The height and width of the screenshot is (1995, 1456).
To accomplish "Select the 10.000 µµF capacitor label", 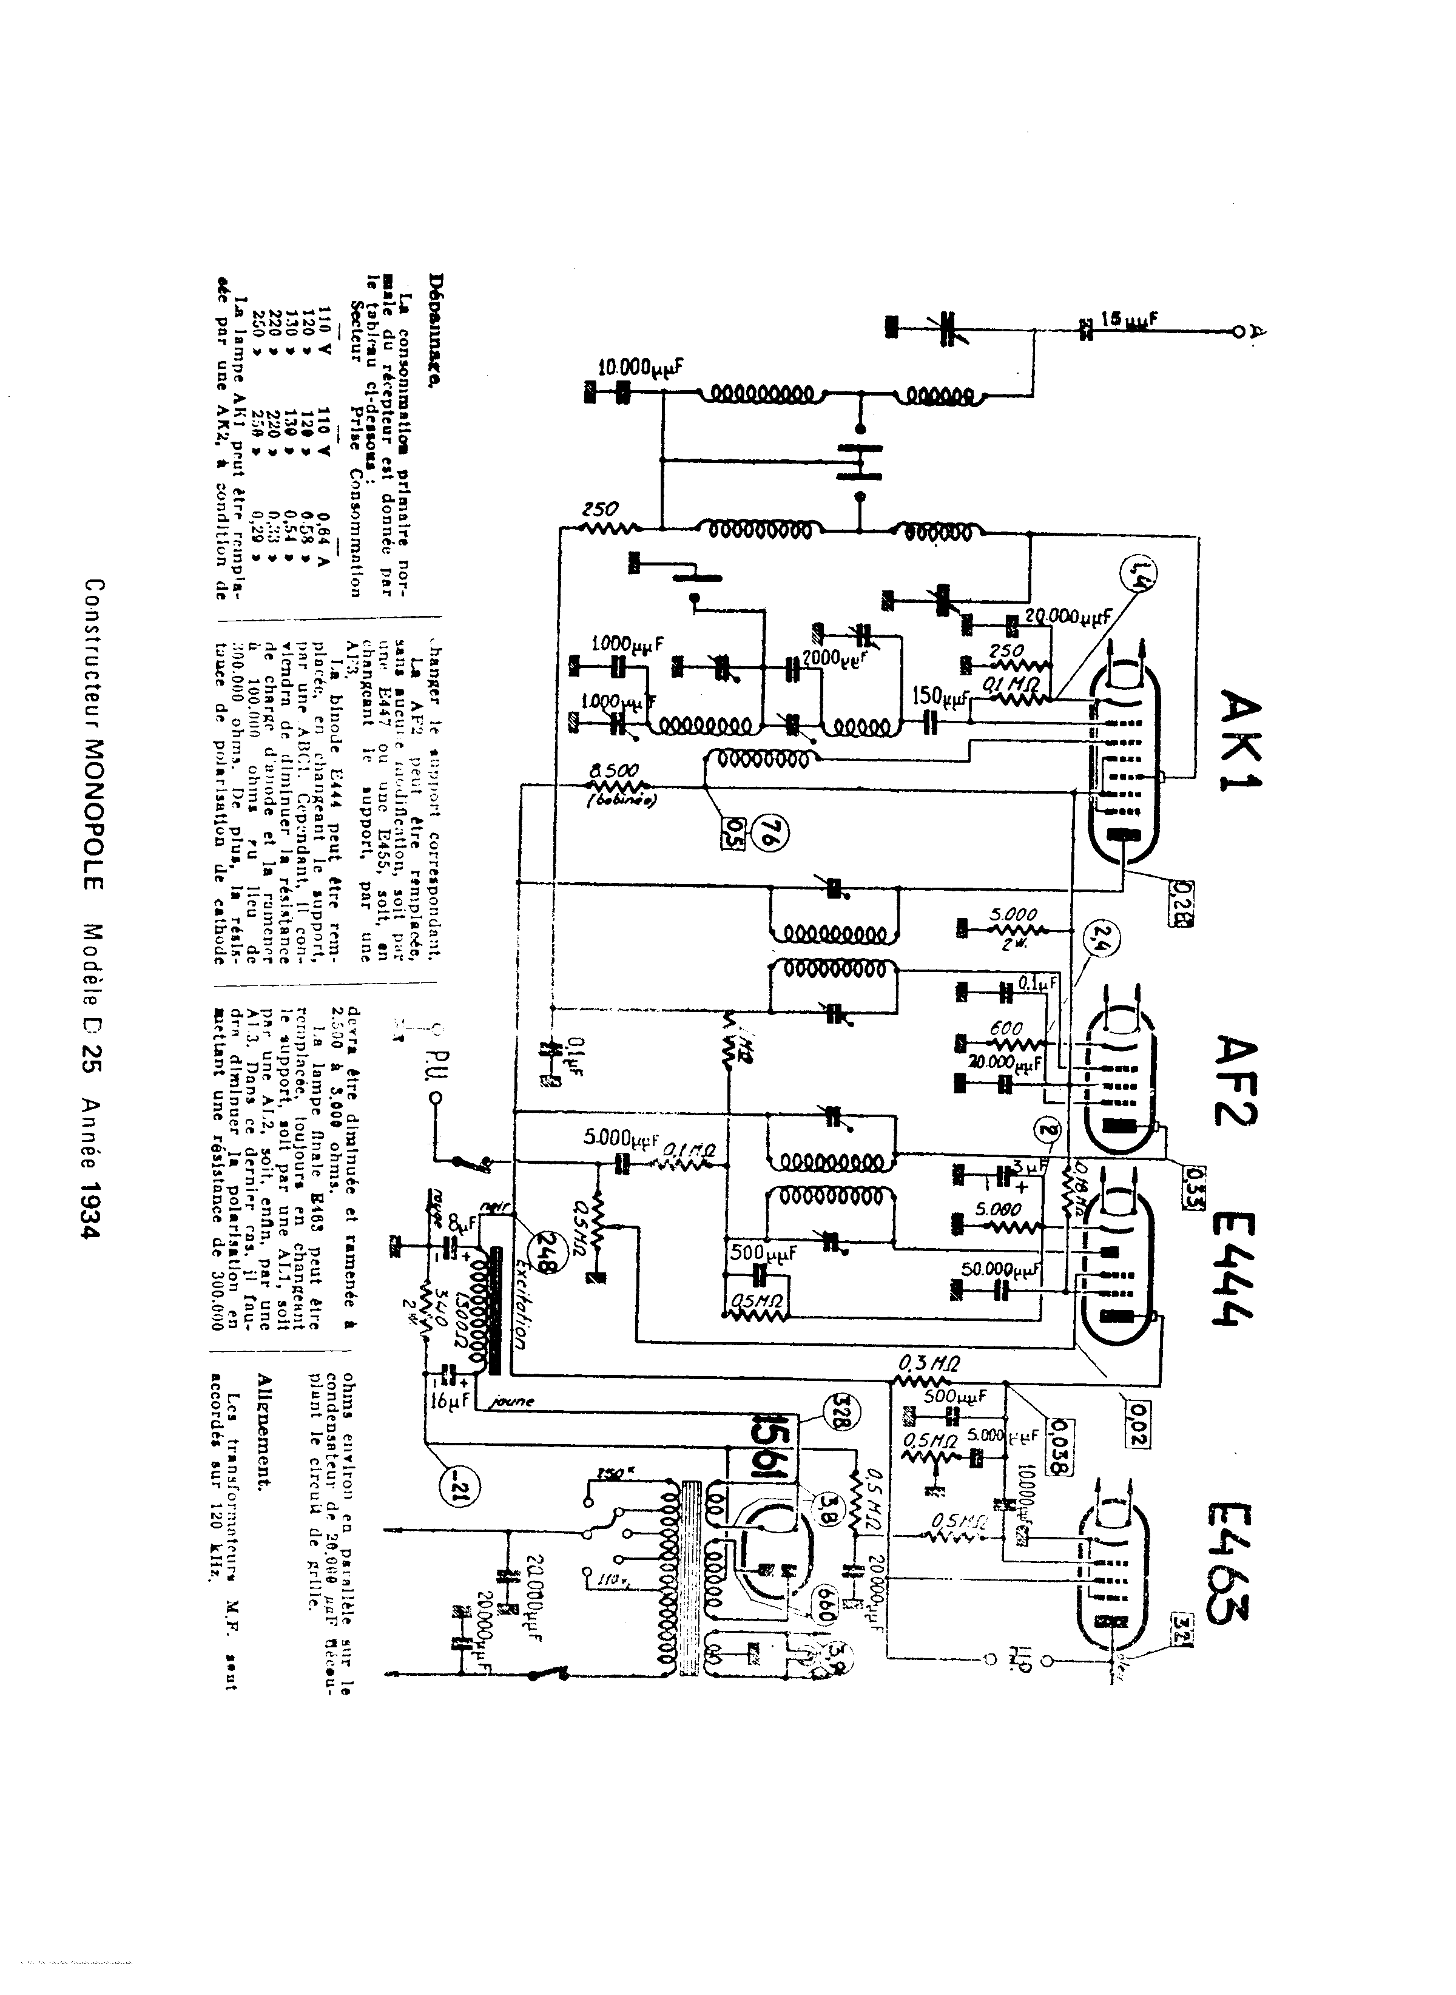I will [x=642, y=368].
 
